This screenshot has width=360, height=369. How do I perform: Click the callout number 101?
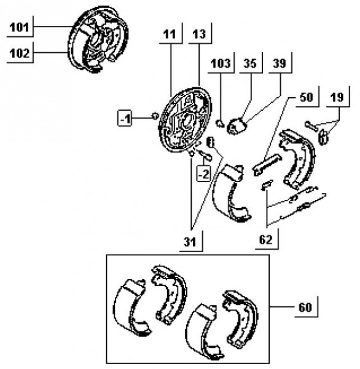point(19,27)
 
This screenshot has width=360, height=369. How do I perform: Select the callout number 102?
point(20,53)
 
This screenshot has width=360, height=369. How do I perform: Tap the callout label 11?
point(170,34)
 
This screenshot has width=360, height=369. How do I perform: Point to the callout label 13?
point(199,34)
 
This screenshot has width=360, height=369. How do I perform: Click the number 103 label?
point(221,63)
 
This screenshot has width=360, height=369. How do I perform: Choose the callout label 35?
point(249,63)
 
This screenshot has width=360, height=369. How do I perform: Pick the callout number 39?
point(280,63)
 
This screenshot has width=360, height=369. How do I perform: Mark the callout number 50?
point(307,97)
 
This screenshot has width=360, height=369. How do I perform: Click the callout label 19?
point(337,97)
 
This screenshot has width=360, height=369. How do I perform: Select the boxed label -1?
point(124,119)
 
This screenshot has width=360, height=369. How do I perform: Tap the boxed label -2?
point(203,175)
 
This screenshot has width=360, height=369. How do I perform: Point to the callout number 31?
point(190,242)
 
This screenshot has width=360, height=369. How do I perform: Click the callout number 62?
point(266,240)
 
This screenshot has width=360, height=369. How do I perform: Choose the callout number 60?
point(305,307)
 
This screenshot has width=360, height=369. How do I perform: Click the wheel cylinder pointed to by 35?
point(237,126)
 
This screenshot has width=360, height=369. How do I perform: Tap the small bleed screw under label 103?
point(220,124)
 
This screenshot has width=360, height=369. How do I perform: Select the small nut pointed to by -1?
point(155,116)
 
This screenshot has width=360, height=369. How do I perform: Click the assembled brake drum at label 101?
point(99,39)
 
